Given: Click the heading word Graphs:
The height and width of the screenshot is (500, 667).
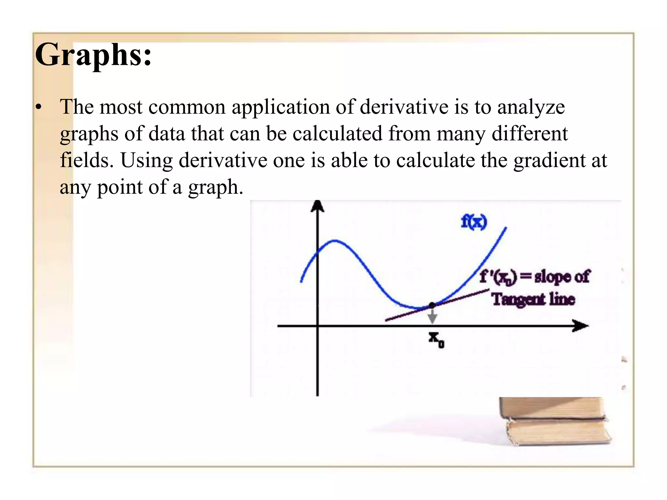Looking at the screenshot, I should coord(93,55).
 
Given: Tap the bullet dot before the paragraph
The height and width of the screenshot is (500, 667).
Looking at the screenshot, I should coord(39,107).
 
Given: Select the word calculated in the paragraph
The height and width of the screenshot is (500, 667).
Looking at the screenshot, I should coord(337,134).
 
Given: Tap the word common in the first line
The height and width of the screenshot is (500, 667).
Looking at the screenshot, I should coord(187,107).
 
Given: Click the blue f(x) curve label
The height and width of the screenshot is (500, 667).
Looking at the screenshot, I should coord(474,222).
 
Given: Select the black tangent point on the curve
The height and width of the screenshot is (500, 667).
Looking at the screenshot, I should coord(432,305).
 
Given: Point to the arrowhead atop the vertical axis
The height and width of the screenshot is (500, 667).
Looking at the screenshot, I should coord(318,206).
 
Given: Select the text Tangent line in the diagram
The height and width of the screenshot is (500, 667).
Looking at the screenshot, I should coord(533,299).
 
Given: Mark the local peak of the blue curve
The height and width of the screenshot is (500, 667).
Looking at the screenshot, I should coord(335,241).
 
